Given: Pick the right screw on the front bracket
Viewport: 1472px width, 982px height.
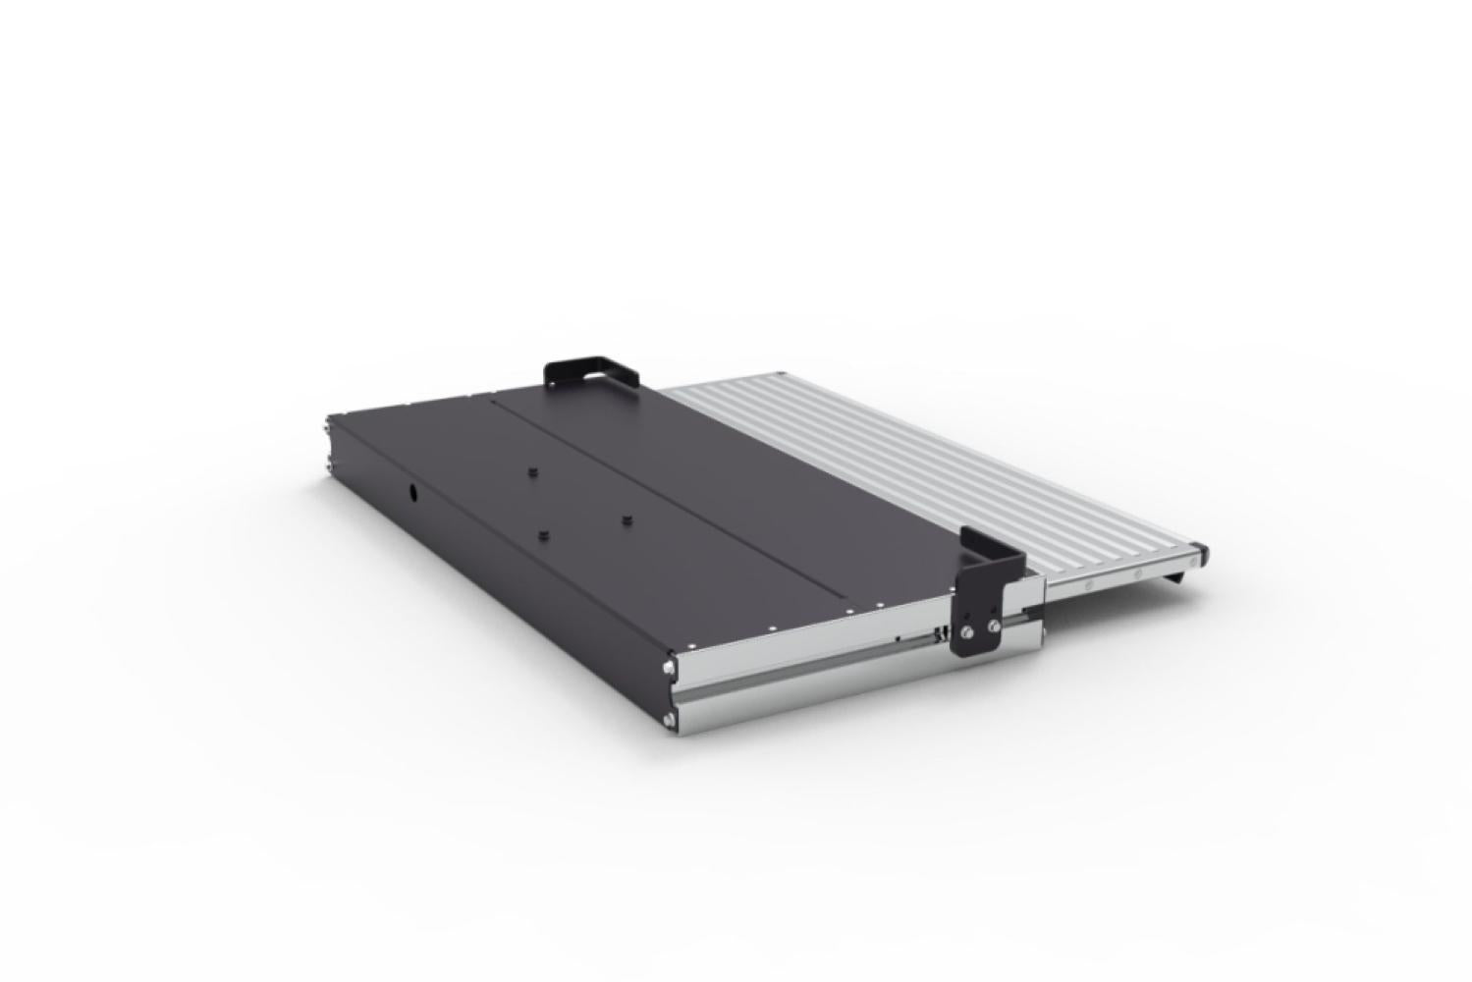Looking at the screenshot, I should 994,626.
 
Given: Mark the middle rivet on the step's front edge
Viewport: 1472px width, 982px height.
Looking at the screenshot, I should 1137,573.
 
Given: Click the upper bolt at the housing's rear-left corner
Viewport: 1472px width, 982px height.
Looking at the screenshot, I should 327,425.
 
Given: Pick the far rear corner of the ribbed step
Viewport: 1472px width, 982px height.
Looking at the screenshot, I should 781,374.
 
